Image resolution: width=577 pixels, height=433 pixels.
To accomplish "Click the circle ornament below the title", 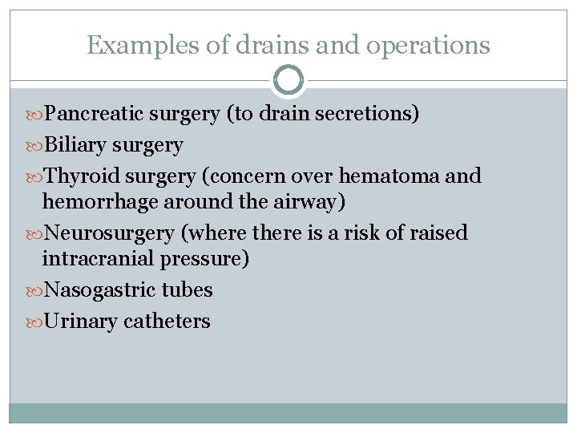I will coord(288,80).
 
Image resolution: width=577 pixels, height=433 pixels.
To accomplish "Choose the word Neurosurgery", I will coord(109,233).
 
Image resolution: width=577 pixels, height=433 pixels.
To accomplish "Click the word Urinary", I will coord(81,322).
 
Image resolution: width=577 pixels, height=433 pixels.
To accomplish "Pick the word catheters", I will coord(167,322).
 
